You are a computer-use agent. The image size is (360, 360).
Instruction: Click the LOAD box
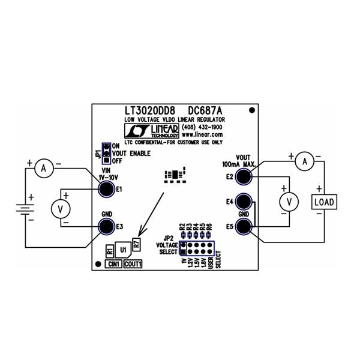point(324,202)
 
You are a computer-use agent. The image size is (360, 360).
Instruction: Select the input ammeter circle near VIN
point(43,170)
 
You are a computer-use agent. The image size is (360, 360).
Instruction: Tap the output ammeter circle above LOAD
point(305,161)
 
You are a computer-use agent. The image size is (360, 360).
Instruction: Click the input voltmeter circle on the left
point(59,208)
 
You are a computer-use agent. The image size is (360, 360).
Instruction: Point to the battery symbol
point(24,211)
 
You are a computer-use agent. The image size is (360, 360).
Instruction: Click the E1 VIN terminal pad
point(106,190)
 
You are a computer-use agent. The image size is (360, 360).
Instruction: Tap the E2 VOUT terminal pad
point(244,176)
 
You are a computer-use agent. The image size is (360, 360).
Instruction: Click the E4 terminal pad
point(244,202)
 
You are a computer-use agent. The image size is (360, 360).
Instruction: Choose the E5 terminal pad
point(244,227)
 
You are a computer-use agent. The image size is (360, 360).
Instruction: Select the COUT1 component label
point(133,263)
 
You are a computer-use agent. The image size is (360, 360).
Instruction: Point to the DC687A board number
point(205,111)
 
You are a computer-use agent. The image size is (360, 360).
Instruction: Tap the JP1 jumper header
point(106,154)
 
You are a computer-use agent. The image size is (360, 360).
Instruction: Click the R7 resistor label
point(137,245)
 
